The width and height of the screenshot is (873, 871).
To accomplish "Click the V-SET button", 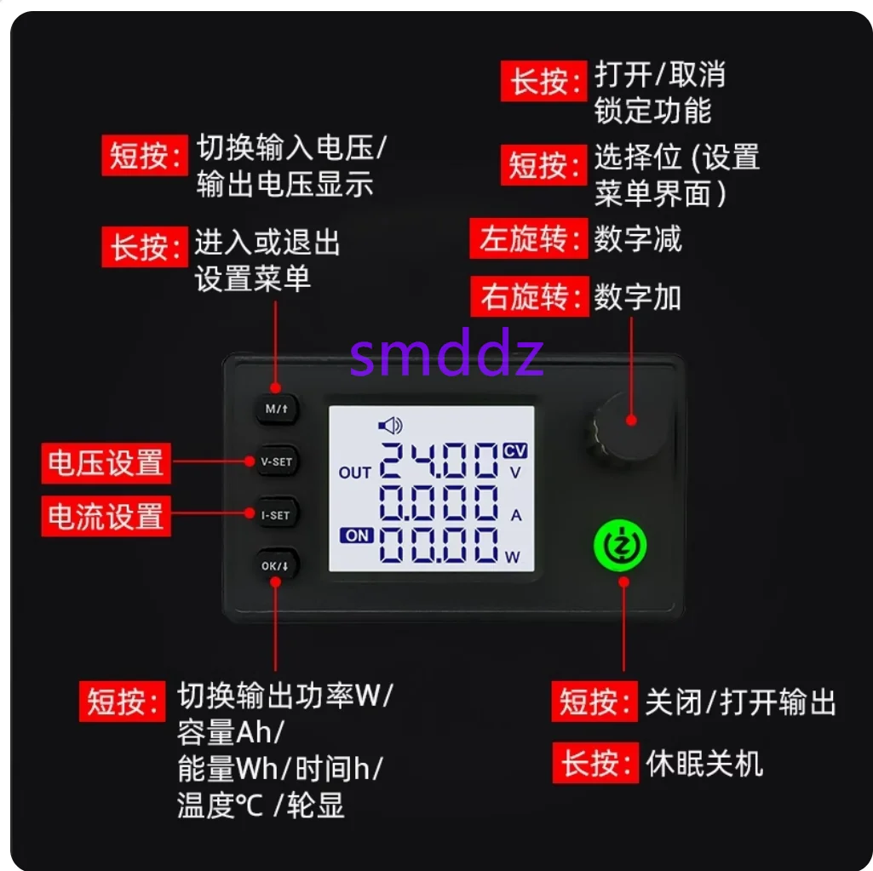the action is [x=276, y=462].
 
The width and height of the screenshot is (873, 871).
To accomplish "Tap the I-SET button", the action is [x=276, y=515].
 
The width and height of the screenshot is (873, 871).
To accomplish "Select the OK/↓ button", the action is [x=276, y=565].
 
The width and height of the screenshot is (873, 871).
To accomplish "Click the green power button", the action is [x=620, y=546].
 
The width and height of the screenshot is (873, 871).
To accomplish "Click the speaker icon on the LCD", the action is [x=390, y=425].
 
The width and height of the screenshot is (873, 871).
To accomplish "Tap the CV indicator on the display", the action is [x=515, y=450].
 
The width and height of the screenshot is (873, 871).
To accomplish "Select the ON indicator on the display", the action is [x=357, y=536].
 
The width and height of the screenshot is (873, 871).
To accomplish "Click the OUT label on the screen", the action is [x=355, y=473].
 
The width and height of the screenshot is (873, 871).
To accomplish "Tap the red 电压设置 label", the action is [x=106, y=463].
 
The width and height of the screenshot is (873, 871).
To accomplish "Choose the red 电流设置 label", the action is [x=106, y=516].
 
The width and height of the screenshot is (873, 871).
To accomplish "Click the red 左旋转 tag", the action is [x=528, y=238].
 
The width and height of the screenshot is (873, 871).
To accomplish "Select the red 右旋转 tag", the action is [x=528, y=297].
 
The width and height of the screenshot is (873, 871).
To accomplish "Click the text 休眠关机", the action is [x=704, y=763].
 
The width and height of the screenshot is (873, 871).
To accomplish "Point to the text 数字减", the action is [x=638, y=238].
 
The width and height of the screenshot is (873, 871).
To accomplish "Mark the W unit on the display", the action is [x=513, y=558].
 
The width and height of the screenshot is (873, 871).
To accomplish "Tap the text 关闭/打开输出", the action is [x=740, y=702].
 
